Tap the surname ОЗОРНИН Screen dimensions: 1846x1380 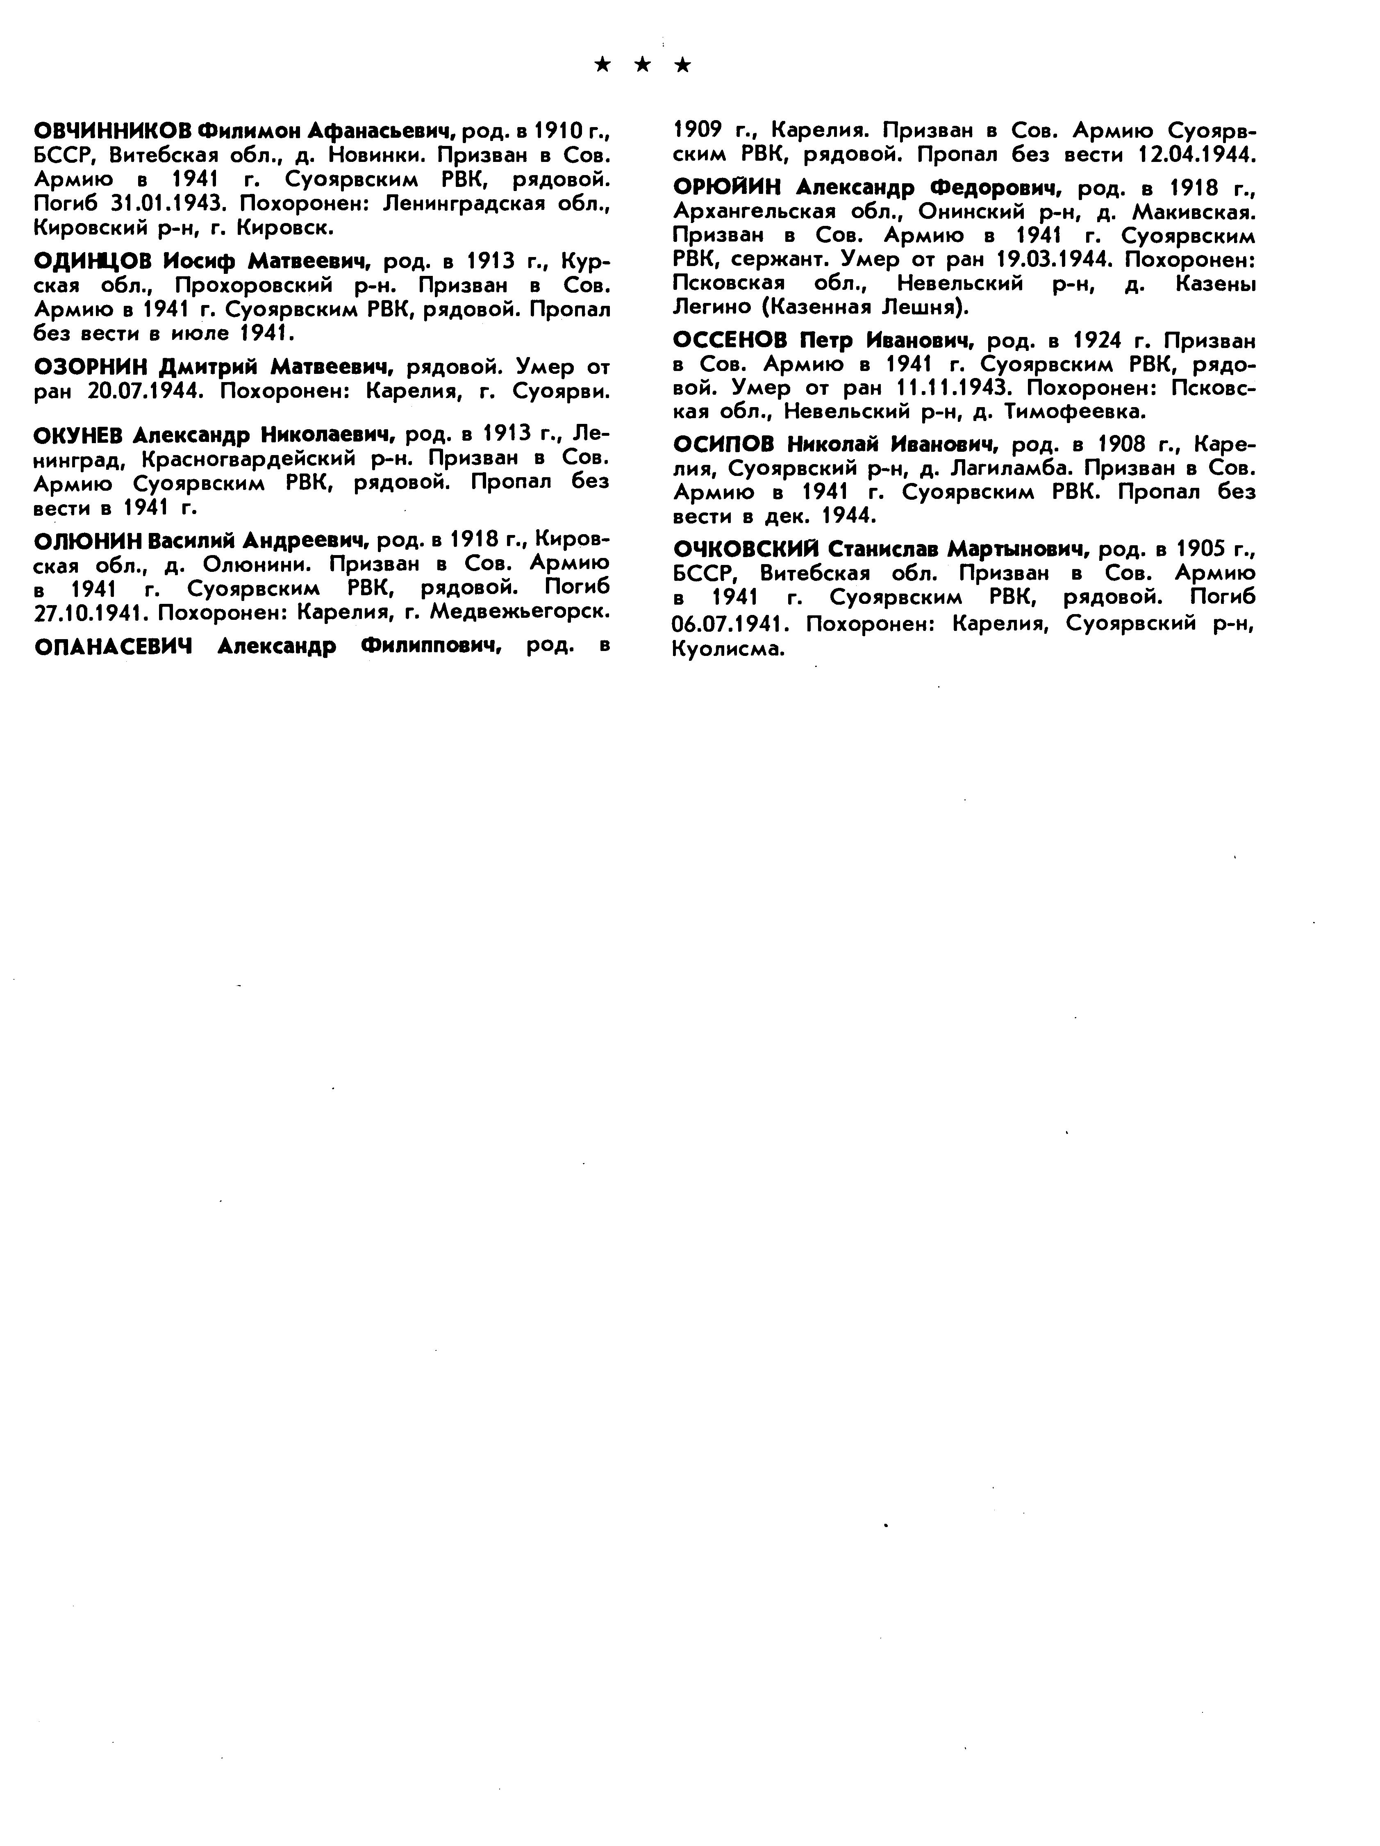(92, 367)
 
